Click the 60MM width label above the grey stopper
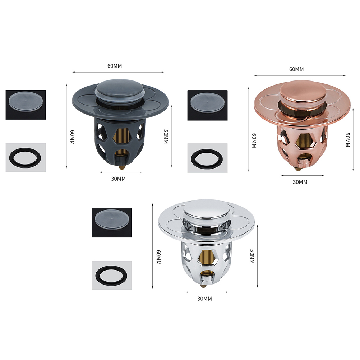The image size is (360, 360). (115, 66)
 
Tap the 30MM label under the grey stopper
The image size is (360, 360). (118, 179)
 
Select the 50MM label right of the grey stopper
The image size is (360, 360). (166, 137)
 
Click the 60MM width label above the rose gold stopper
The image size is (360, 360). (296, 69)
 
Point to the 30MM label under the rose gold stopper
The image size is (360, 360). (300, 182)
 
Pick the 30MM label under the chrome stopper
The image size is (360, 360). (204, 299)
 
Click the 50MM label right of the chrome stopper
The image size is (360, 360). (252, 257)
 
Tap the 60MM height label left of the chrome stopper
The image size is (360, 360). (158, 257)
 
